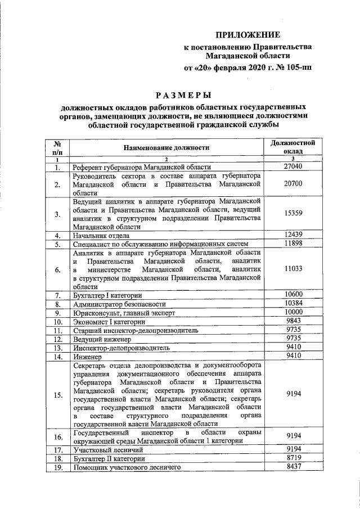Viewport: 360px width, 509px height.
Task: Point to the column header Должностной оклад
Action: (293, 147)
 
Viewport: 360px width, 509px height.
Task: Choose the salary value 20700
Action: (293, 183)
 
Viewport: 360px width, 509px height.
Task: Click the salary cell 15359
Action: (293, 213)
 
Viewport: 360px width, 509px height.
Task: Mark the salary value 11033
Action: (293, 269)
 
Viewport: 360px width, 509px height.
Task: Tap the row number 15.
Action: (57, 395)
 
